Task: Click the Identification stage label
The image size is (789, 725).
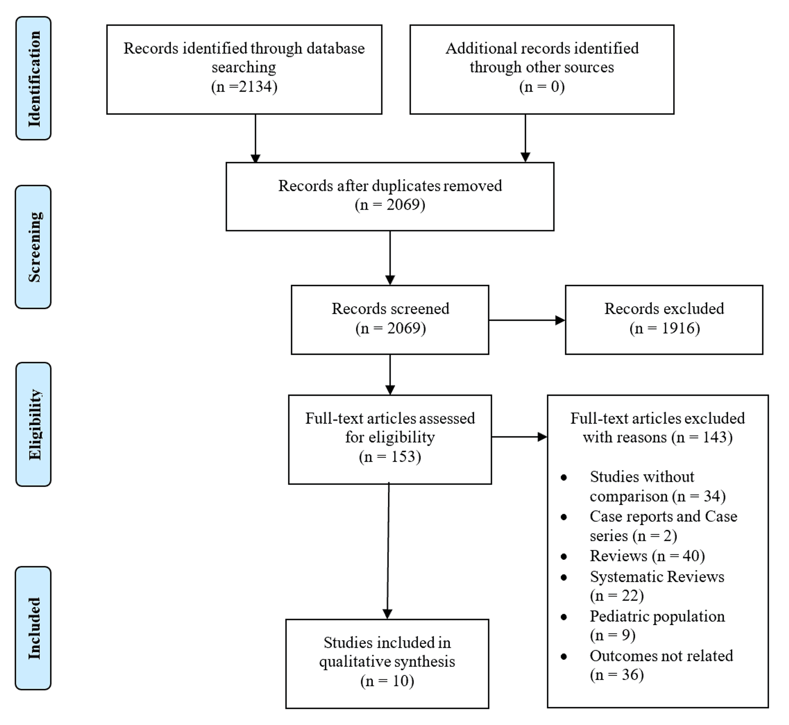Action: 33,78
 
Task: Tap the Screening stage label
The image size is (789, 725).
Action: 33,247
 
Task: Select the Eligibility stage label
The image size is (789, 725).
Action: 33,424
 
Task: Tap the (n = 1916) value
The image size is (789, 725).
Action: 665,328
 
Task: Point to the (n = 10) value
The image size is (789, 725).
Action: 387,681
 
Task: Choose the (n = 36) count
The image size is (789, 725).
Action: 617,675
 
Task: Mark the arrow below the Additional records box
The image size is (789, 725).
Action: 525,138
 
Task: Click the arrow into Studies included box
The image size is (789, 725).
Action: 388,551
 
